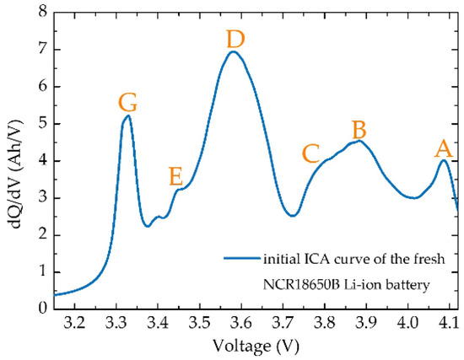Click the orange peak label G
click(x=128, y=103)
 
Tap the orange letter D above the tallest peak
click(x=236, y=39)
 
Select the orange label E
click(x=175, y=176)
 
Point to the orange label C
click(x=310, y=153)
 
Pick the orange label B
click(x=359, y=130)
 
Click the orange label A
click(x=442, y=149)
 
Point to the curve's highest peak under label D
click(x=234, y=51)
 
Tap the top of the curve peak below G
click(x=127, y=116)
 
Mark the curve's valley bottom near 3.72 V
click(x=292, y=216)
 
